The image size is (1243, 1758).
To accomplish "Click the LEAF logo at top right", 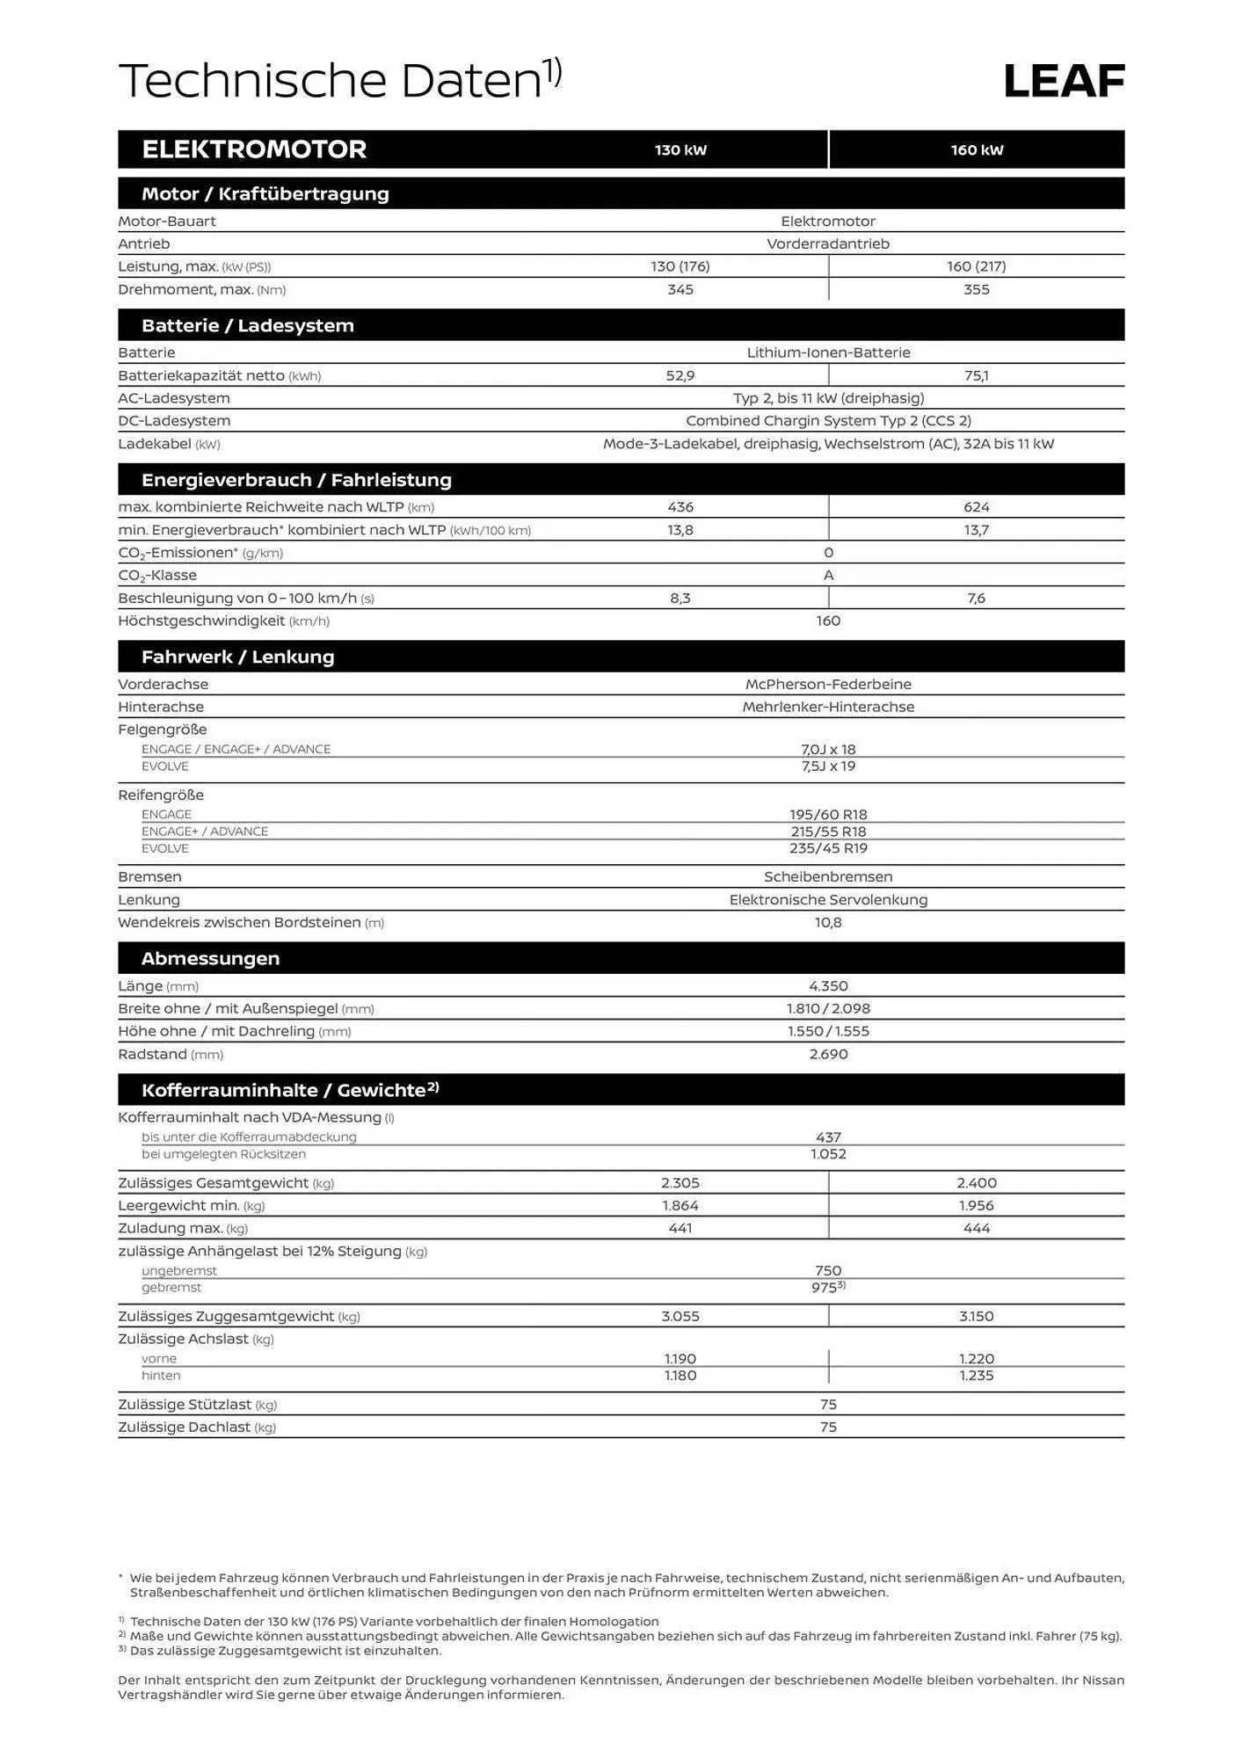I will [x=1063, y=81].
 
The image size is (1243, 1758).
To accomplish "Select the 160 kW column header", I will [x=976, y=150].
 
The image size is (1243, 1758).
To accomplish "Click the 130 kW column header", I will [x=680, y=150].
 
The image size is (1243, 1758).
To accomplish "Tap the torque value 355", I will [x=976, y=289].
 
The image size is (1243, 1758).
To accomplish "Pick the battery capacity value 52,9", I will [x=680, y=375].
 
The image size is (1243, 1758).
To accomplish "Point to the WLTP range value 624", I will [x=976, y=507].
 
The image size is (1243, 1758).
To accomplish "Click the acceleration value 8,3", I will [x=680, y=599].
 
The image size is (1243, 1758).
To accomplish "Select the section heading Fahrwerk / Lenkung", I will [x=237, y=657].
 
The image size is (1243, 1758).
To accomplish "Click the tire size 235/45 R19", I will [x=828, y=848].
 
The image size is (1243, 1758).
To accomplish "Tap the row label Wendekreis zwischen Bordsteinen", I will [x=239, y=922].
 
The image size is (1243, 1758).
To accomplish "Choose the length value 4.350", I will [x=828, y=986].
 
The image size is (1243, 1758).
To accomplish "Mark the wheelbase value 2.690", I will [x=828, y=1054].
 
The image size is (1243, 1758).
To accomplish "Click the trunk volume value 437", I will [x=828, y=1137].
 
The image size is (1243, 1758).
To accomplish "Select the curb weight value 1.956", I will [x=976, y=1206].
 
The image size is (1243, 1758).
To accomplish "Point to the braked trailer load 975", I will [x=825, y=1288].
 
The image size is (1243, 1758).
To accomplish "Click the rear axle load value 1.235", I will [x=976, y=1376].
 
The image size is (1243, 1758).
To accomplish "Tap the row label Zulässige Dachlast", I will [x=185, y=1427].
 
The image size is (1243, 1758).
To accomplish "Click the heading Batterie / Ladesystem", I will [x=248, y=325].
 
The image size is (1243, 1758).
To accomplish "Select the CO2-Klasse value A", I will [x=828, y=576].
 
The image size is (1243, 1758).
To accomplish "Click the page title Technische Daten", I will [x=330, y=81].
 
